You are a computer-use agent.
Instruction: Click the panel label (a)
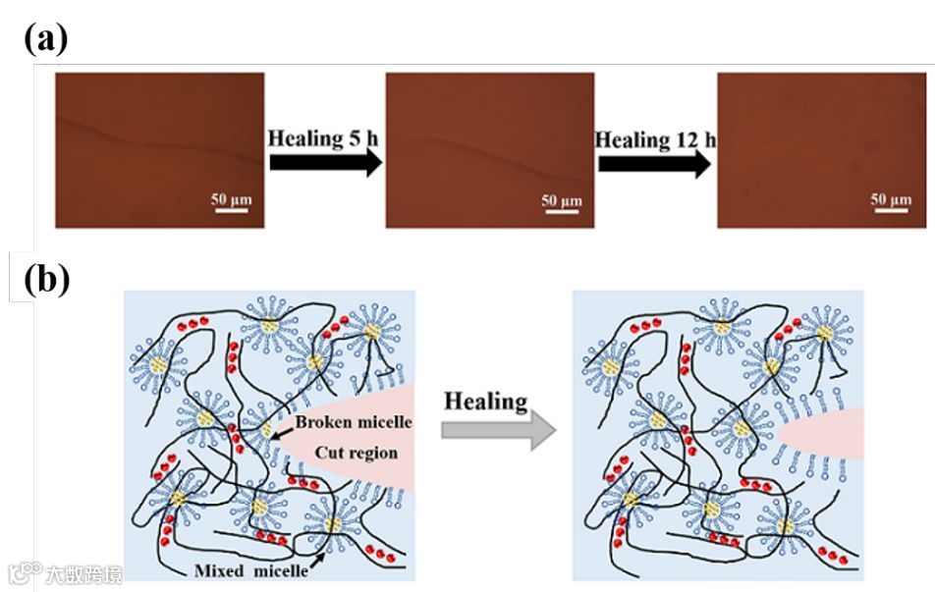tap(45, 38)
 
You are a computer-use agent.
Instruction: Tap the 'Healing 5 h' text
tap(323, 138)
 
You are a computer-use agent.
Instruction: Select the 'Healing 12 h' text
tap(656, 139)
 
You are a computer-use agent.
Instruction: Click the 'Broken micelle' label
tap(354, 423)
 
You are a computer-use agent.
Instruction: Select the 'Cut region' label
tap(356, 454)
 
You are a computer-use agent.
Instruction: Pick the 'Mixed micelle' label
tap(247, 569)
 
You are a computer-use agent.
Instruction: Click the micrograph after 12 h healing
tap(821, 150)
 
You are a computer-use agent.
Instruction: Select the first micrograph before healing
tap(159, 150)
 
